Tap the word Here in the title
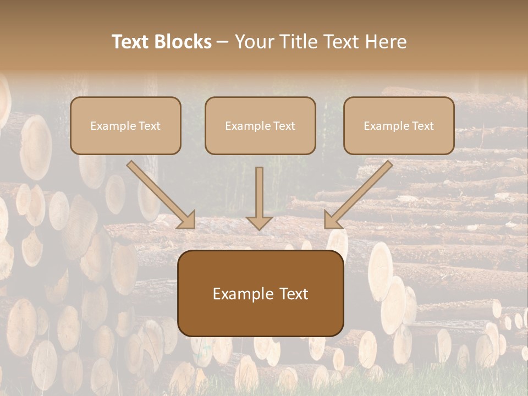coord(386,42)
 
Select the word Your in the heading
coord(255,42)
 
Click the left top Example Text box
coord(125,125)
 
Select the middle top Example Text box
coord(260,125)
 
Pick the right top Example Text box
coord(399,125)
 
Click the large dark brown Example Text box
coord(260,293)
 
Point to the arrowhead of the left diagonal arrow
coord(187,220)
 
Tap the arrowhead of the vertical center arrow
coord(260,223)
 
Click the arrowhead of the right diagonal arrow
coord(332,220)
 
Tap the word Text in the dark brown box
coord(294,294)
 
